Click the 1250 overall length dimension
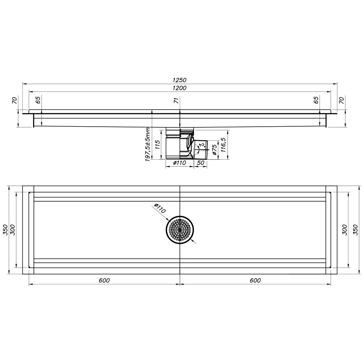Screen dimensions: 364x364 179,80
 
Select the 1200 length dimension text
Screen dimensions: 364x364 179,88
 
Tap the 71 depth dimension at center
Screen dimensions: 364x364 176,100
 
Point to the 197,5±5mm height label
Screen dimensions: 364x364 148,145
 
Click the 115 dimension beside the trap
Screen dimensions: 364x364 158,145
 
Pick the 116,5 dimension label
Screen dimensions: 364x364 223,145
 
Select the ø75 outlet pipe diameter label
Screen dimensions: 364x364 214,150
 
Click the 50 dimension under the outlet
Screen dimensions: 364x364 200,163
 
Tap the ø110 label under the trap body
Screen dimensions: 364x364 180,163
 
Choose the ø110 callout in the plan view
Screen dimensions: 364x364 160,208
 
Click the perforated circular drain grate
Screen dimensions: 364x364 180,230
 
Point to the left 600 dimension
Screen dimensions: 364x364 104,280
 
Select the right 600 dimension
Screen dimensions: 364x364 255,280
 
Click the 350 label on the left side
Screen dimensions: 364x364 5,230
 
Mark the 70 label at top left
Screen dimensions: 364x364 15,100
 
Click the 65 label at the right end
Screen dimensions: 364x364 316,100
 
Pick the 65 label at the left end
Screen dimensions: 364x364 38,100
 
